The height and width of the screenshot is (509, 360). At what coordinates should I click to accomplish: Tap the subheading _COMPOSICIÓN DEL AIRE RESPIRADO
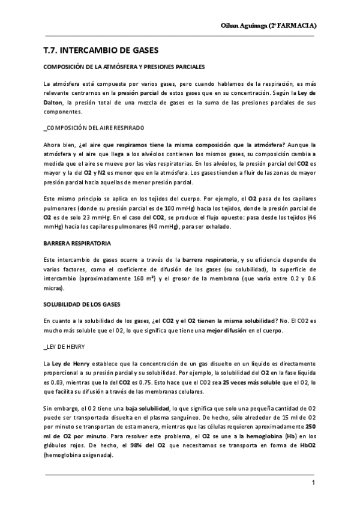coord(94,128)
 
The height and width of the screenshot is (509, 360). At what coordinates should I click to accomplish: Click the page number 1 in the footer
coord(313,483)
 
